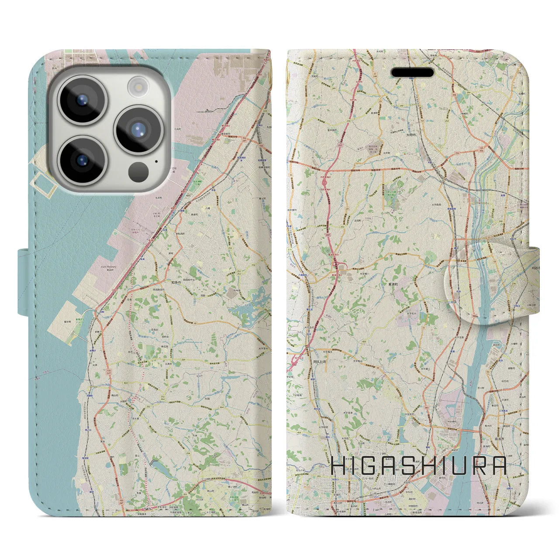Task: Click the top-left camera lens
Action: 81,100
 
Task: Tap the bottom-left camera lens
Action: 82,159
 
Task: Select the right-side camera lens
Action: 138,129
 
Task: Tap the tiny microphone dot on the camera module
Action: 156,161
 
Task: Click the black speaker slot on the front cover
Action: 412,72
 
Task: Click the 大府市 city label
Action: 410,135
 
